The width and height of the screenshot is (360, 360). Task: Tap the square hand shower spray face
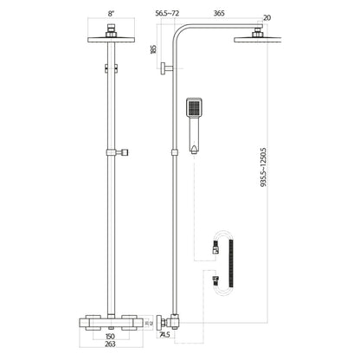tap(193, 108)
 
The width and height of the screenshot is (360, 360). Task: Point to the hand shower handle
tap(193, 134)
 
